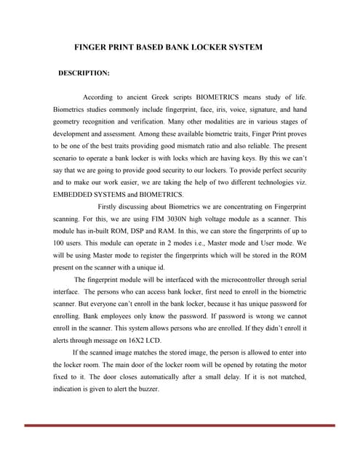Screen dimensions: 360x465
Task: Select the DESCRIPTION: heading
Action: pos(84,73)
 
